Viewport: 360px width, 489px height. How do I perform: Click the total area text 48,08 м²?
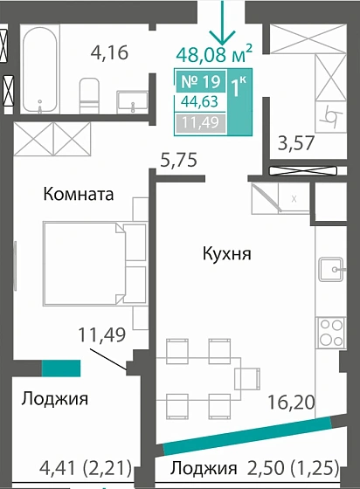tap(214, 55)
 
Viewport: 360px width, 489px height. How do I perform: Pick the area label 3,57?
tap(294, 142)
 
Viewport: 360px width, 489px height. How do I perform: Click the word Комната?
tap(79, 195)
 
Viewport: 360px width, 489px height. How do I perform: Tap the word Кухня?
tap(227, 255)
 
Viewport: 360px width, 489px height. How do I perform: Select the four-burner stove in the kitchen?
tap(332, 333)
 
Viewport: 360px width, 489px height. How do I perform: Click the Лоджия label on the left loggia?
tap(55, 399)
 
